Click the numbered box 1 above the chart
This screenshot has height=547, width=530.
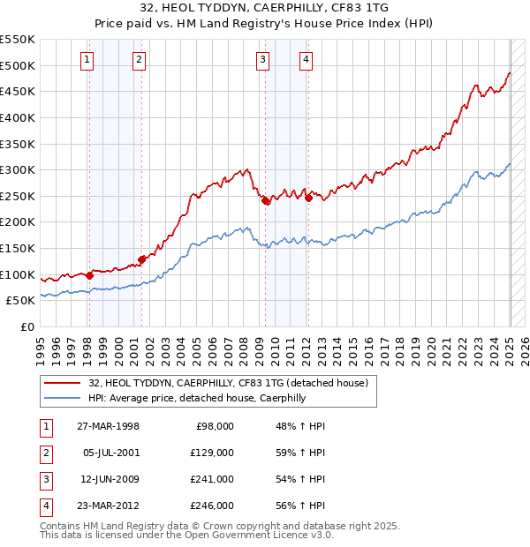click(88, 60)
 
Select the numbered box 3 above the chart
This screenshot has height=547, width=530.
click(263, 60)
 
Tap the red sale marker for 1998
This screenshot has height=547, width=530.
click(89, 275)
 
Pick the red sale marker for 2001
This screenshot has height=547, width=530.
click(141, 259)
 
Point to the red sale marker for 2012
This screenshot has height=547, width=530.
click(309, 199)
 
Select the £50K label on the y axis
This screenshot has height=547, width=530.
click(20, 301)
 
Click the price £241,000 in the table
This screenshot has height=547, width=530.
click(213, 480)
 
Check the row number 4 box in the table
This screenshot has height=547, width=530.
click(46, 506)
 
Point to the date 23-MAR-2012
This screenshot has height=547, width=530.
click(108, 506)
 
